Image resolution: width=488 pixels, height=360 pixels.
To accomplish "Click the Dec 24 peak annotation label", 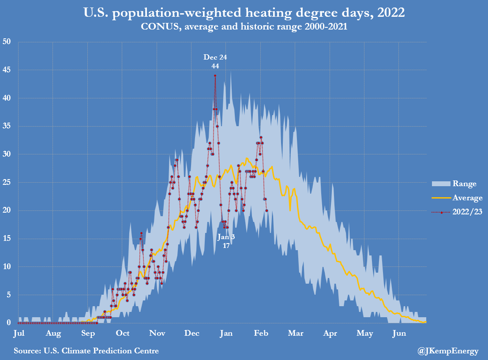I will click(x=215, y=57).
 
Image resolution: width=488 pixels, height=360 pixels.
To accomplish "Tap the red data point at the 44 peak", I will click(x=215, y=75).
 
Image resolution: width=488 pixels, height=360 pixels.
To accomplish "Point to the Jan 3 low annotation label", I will click(x=226, y=237).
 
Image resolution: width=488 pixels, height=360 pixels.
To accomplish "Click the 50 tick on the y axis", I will click(x=7, y=41).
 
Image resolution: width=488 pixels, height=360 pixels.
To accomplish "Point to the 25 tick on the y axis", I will click(x=7, y=182).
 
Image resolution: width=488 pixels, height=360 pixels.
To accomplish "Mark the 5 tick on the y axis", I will click(x=8, y=295).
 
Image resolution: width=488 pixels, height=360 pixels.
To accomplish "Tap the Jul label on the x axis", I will click(x=19, y=334).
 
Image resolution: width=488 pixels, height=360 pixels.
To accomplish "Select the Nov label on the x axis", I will click(x=157, y=334).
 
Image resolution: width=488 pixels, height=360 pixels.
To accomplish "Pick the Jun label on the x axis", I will click(x=399, y=334).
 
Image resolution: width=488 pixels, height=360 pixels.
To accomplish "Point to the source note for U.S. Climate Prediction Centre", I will click(x=86, y=351).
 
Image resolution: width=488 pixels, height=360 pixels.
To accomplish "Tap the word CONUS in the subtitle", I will click(x=154, y=26).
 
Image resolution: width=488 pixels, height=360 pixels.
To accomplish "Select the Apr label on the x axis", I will click(x=330, y=334).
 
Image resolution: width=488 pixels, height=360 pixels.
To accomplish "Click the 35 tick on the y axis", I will click(x=7, y=126).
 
